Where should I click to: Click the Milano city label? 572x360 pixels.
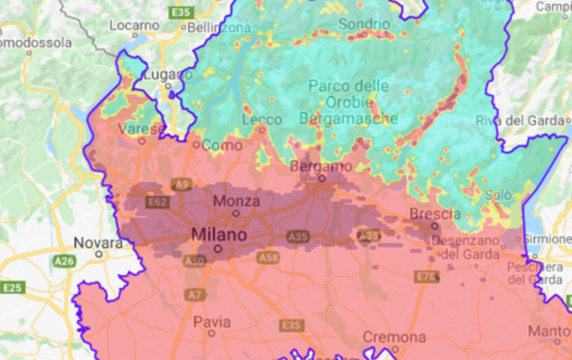pyautogui.click(x=219, y=234)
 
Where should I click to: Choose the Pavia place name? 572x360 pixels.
pyautogui.click(x=211, y=321)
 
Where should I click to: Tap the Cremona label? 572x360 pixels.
pyautogui.click(x=393, y=337)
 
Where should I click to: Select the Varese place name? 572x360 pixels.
pyautogui.click(x=140, y=129)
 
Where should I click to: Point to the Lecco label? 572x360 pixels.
pyautogui.click(x=262, y=119)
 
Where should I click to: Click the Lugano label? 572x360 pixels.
pyautogui.click(x=167, y=75)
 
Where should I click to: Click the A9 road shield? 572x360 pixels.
pyautogui.click(x=180, y=183)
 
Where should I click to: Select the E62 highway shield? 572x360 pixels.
pyautogui.click(x=157, y=203)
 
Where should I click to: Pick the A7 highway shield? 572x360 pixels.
pyautogui.click(x=195, y=294)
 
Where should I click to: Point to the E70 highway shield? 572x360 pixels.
pyautogui.click(x=426, y=277)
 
